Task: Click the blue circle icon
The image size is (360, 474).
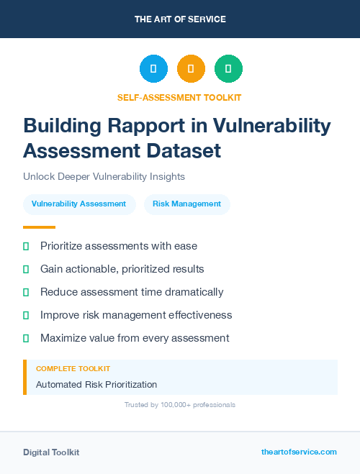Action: coord(153,68)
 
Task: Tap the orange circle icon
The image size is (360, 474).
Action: coord(191,68)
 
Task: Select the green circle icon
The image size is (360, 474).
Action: coord(228,68)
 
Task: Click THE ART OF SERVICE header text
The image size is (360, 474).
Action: coord(180,19)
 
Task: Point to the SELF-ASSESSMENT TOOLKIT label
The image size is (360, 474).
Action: coord(179,97)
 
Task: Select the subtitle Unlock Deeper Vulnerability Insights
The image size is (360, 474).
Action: coord(104,177)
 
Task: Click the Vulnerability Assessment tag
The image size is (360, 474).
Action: coord(78,204)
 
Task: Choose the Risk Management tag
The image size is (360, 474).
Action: coord(186,204)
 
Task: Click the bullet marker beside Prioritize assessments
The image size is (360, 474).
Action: coord(26,246)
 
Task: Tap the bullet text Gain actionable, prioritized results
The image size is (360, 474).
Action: coord(122,269)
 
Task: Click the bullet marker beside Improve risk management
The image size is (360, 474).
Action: coord(26,315)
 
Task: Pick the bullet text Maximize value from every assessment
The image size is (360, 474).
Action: coord(135,338)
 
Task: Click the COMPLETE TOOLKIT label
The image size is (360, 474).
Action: coord(73,368)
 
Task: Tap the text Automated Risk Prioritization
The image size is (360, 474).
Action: coord(96,385)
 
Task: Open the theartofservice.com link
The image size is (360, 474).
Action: coord(299,452)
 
